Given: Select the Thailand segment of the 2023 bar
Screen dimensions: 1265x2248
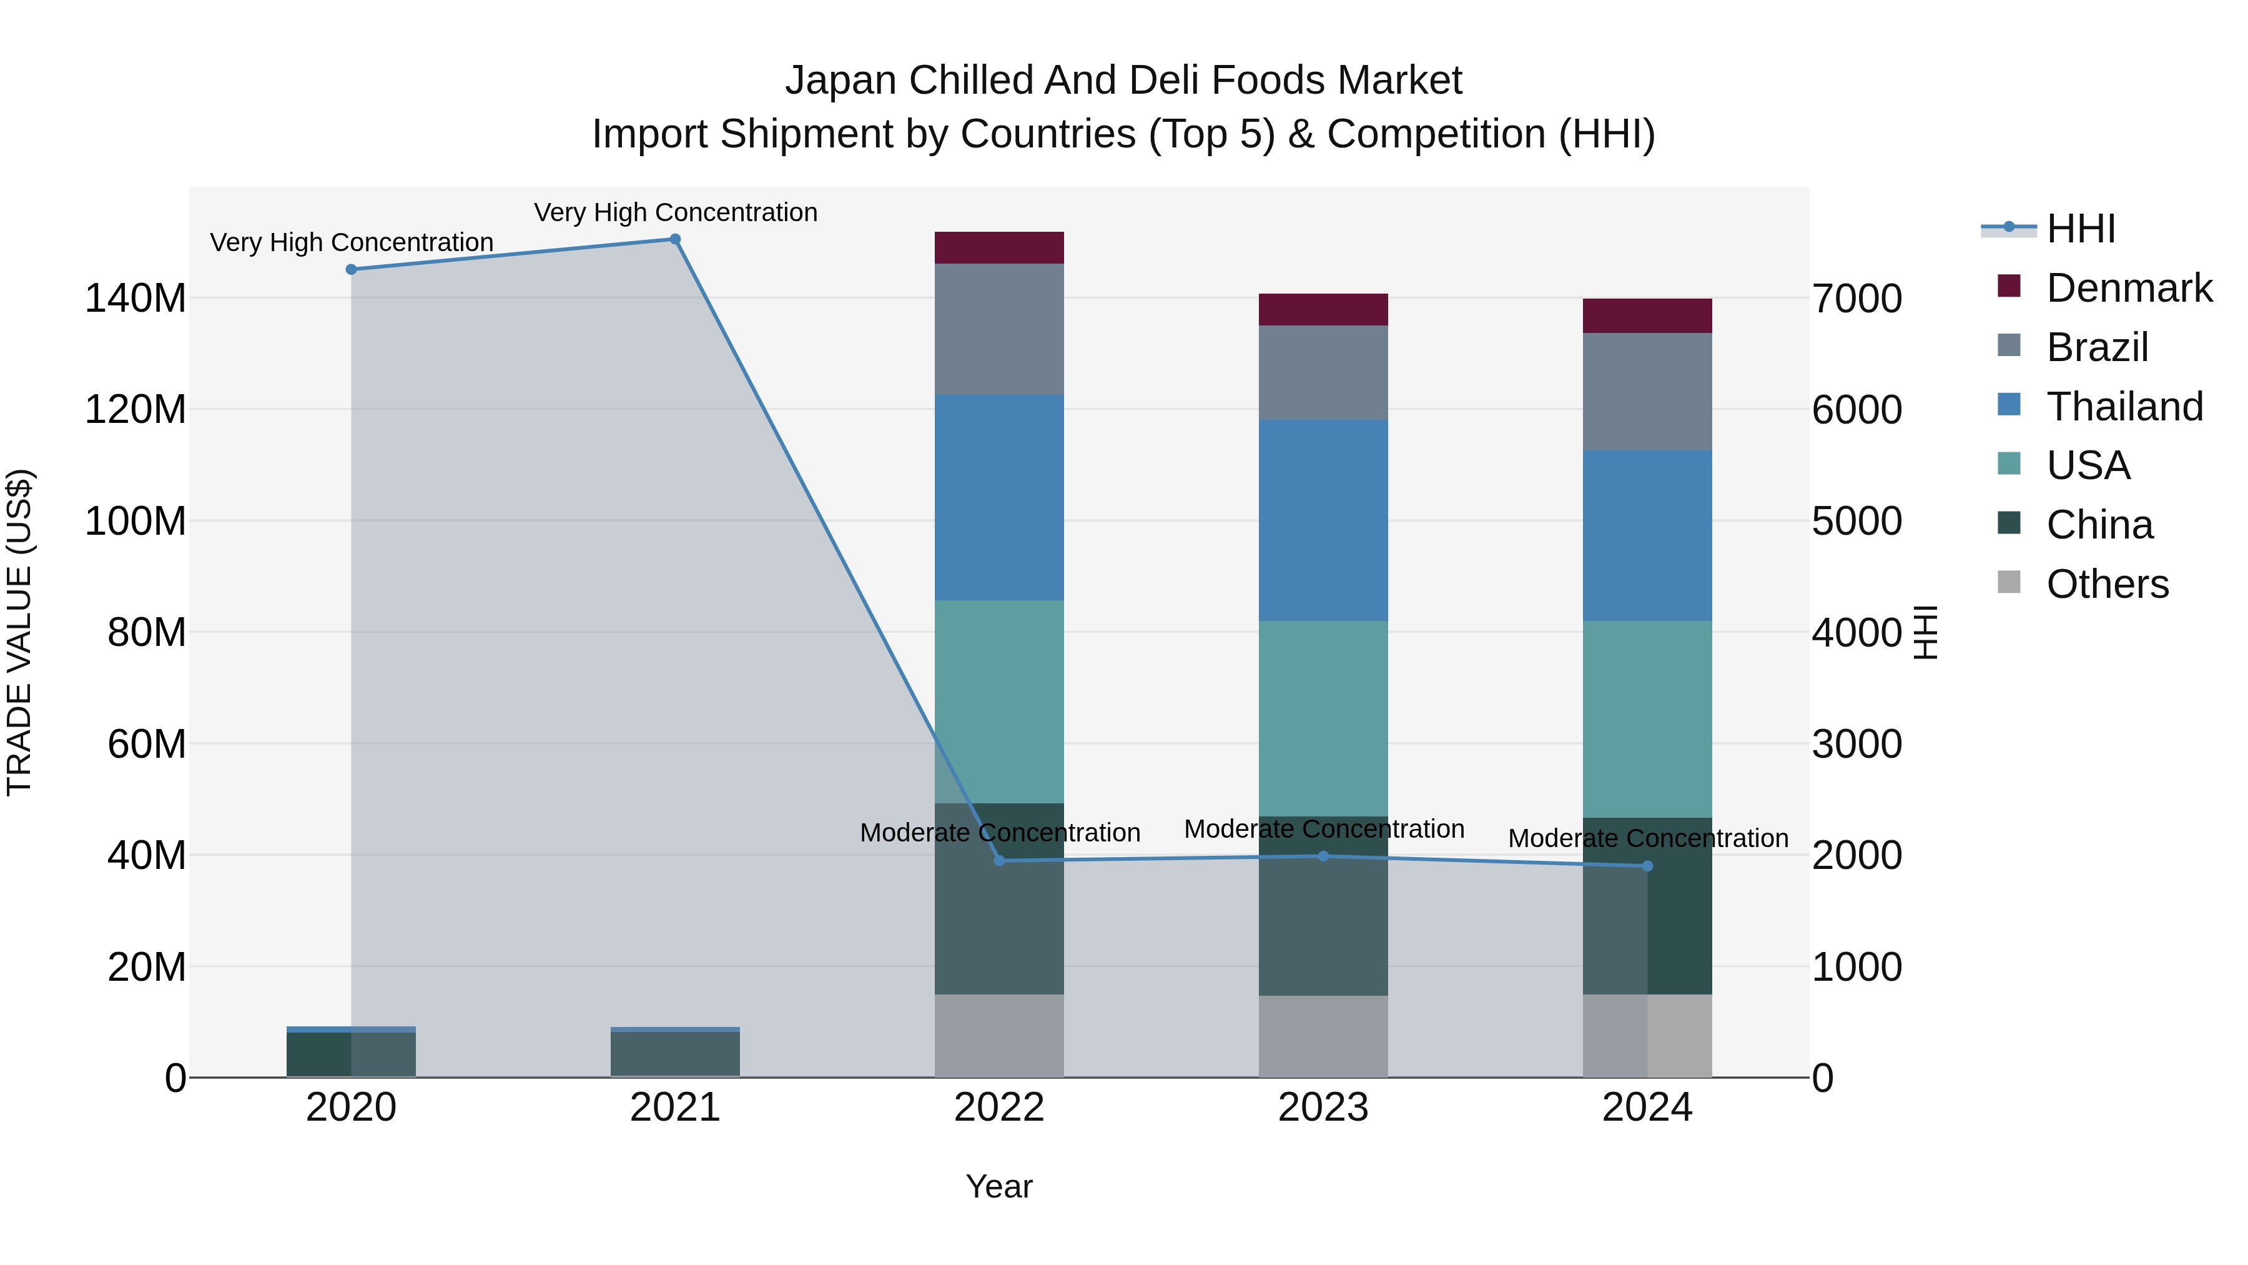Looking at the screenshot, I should point(1323,520).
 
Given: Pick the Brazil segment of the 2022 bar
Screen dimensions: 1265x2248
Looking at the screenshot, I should point(999,329).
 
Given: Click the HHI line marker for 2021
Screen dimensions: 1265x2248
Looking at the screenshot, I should point(674,239).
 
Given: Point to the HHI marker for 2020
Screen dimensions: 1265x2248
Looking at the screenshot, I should point(351,270).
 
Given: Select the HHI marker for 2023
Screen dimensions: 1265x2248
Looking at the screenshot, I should point(1323,856).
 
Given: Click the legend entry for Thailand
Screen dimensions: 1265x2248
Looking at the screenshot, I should point(2124,407).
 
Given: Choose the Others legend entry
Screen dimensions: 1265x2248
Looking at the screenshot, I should point(2107,584).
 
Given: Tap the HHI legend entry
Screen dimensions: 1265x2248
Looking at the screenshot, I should point(2081,229).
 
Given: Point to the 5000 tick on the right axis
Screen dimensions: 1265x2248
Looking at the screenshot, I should point(1857,521).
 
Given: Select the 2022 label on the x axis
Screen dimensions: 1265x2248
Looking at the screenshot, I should point(999,1108).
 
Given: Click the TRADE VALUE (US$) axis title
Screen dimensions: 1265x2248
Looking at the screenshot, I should point(19,632).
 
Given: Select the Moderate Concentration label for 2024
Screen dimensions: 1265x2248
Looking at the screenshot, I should point(1648,838).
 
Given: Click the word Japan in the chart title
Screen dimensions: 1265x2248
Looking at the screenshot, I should point(841,81).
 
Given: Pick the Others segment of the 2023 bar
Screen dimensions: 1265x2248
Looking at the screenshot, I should point(1323,1036).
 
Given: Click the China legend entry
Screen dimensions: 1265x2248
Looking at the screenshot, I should point(2099,525).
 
